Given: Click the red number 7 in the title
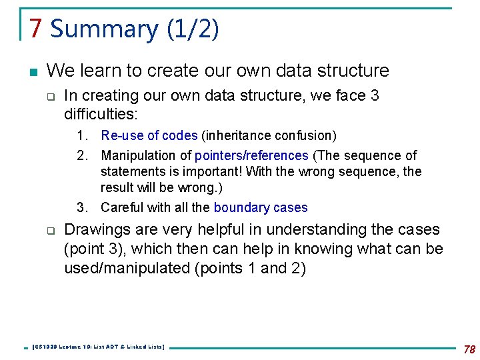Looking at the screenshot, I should [36, 29].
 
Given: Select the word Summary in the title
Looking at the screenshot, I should [104, 29].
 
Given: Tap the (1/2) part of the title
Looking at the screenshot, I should [192, 29].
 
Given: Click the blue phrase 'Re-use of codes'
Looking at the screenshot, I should [149, 135].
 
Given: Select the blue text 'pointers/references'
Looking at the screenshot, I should [251, 155].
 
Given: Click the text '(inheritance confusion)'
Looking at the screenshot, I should [269, 135].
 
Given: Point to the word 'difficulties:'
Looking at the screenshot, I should [101, 114].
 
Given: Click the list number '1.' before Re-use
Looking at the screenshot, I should [83, 135].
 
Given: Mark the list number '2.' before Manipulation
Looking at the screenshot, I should [83, 155].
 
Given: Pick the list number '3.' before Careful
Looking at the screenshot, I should [83, 207].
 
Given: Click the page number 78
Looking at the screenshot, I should [469, 349].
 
